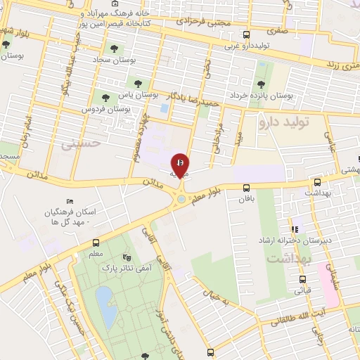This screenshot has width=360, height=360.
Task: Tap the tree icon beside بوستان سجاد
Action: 115,49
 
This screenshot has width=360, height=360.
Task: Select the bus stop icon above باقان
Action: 246,187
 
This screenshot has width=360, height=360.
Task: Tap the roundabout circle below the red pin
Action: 182,199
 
